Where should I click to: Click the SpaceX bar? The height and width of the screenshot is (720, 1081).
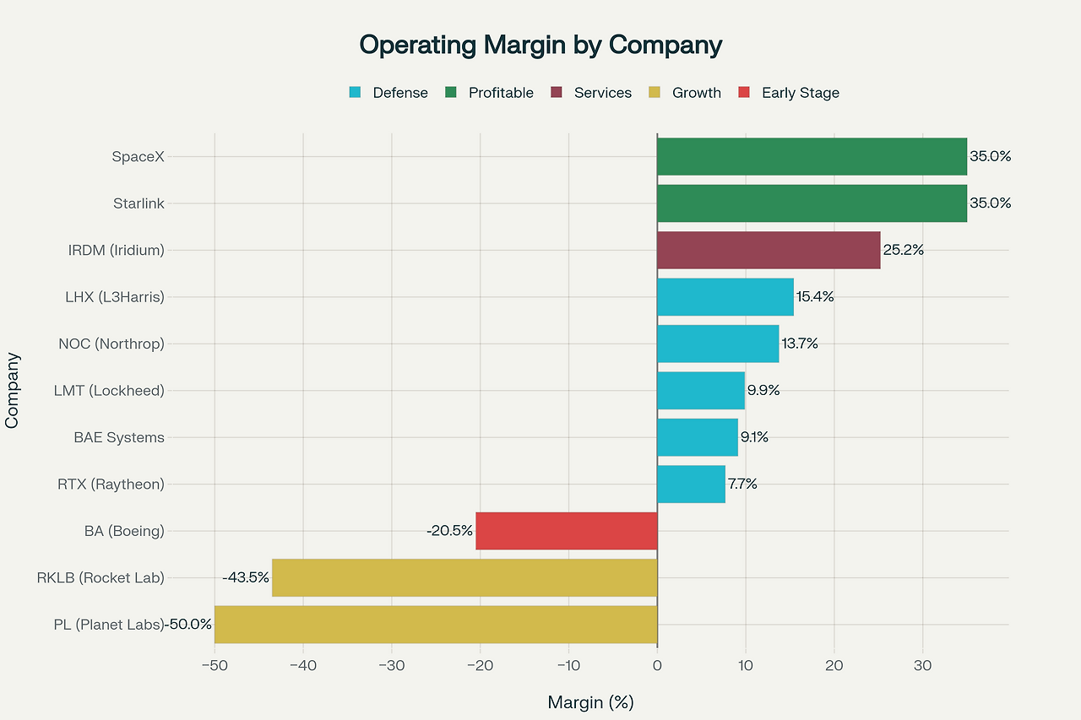[811, 156]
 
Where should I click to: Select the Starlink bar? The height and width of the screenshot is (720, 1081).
[811, 203]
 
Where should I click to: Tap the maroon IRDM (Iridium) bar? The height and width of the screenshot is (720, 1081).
[769, 250]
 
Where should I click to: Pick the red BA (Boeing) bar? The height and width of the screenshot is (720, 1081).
[566, 531]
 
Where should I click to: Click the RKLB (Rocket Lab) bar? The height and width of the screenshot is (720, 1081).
[464, 577]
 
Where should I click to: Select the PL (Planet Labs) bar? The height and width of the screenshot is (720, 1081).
[436, 625]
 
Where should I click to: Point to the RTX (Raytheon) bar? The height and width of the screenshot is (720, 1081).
[691, 485]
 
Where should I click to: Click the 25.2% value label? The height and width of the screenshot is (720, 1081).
[904, 250]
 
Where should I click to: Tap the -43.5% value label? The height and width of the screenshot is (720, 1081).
[246, 577]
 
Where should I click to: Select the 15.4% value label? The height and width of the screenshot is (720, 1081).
[815, 297]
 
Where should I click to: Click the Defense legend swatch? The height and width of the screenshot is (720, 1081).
[355, 93]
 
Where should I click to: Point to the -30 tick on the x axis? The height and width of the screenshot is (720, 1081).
[391, 666]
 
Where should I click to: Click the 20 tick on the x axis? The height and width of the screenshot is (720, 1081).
[834, 666]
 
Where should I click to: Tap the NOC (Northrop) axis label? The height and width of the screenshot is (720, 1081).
[111, 344]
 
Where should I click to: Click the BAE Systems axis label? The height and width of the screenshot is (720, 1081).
[120, 437]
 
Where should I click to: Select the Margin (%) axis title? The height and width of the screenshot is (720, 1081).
[590, 702]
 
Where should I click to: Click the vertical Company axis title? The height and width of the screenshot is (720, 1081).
[12, 391]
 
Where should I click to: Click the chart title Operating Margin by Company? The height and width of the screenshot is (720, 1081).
[540, 45]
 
